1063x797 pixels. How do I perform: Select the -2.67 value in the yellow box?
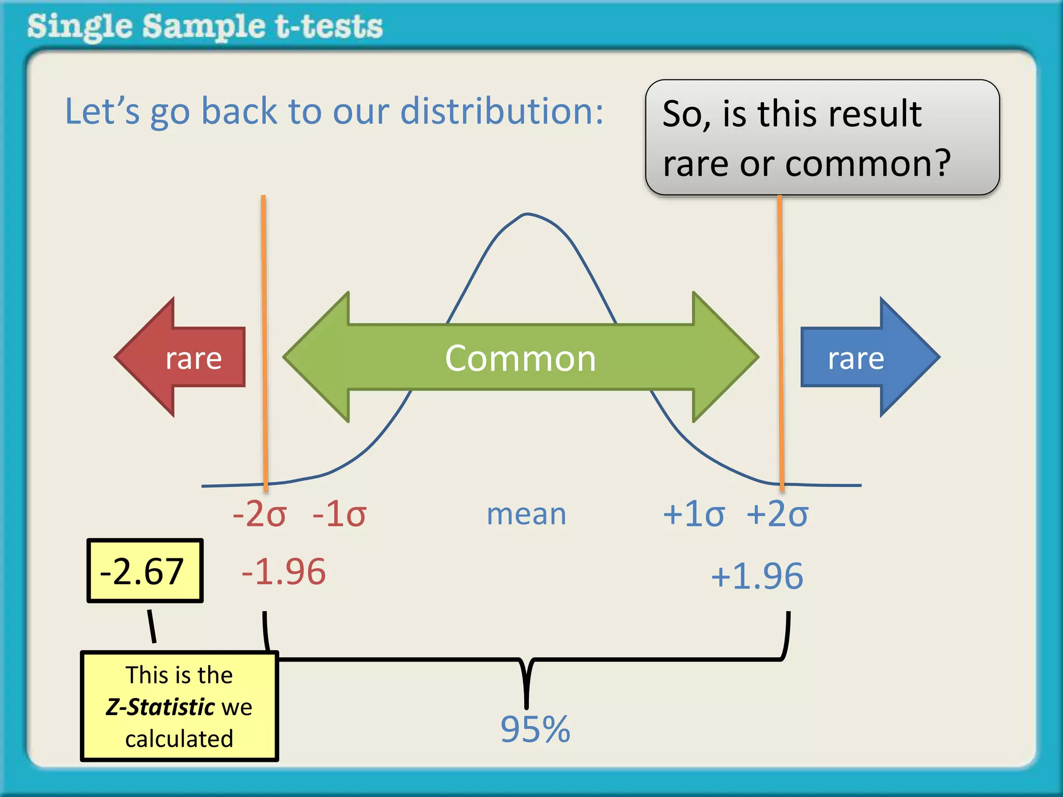coord(142,571)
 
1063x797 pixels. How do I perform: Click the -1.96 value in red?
coord(283,572)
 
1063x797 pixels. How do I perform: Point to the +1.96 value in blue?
coord(757,576)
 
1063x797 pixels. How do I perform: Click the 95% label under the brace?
coord(535,729)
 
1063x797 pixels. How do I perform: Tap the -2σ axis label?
coord(260,514)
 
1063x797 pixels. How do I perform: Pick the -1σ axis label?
coord(339,514)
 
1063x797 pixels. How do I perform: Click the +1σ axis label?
coord(693,514)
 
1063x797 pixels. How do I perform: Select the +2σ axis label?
coord(777,514)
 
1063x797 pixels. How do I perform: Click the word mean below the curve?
coord(526,514)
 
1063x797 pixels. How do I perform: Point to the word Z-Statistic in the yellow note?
coord(160,707)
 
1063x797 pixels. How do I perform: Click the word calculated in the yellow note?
coord(179,738)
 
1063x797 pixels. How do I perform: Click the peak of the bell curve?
coord(527,214)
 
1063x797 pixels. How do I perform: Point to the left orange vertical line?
coord(264,337)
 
